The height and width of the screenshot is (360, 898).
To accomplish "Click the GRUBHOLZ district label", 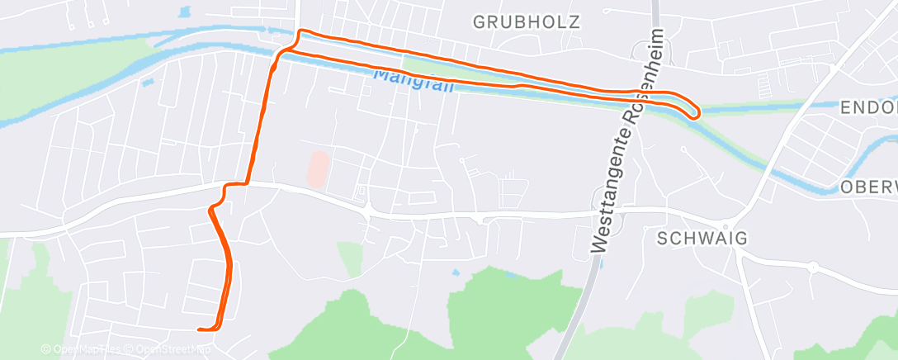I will [x=527, y=21].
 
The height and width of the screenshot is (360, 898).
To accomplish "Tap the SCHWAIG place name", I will [x=702, y=239].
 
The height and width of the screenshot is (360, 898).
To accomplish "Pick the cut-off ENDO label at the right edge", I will [x=867, y=108].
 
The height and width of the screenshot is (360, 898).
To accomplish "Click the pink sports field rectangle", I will [x=318, y=168].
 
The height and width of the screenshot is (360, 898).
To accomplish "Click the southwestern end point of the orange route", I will [x=200, y=329].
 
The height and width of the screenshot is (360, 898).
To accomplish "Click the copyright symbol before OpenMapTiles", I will [x=46, y=349].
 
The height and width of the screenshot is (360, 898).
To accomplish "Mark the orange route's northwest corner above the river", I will [x=300, y=33].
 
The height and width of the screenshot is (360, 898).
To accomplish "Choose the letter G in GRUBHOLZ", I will [x=480, y=21].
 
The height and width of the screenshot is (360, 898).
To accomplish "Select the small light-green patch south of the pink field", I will [x=350, y=258].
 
